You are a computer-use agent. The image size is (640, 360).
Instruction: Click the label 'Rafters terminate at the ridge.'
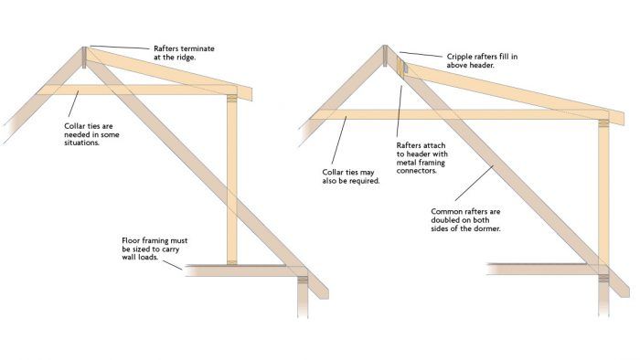coord(184,53)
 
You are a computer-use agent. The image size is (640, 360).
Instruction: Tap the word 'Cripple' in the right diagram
coord(460,57)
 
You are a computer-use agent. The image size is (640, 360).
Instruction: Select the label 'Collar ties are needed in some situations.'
coord(91,134)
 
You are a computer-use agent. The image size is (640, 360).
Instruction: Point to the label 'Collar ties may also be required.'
coord(351,176)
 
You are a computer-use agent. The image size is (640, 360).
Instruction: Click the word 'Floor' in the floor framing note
coord(131,240)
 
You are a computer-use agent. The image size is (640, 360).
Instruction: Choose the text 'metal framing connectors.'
coord(421,166)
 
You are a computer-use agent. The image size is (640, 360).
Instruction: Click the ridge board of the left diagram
coord(84,58)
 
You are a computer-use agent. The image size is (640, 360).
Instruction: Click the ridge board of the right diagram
coord(385,56)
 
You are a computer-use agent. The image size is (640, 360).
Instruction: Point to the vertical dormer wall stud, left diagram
coord(232,180)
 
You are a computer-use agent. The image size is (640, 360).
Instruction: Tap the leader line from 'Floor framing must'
coord(173,265)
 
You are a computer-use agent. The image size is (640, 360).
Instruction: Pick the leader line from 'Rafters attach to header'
coord(400,111)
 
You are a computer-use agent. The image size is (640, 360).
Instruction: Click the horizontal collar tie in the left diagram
coord(137,90)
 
